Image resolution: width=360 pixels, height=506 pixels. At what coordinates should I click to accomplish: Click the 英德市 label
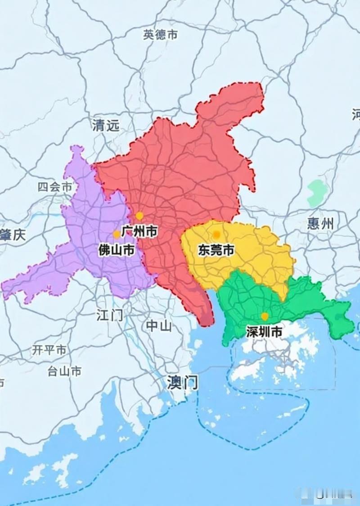click(161, 35)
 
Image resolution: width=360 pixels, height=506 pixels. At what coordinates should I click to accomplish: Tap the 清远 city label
click(106, 125)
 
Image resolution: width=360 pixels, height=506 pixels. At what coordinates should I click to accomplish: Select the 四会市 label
click(54, 187)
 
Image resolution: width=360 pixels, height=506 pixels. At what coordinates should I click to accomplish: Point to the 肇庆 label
click(13, 235)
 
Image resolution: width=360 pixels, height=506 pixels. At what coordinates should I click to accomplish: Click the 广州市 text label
click(139, 231)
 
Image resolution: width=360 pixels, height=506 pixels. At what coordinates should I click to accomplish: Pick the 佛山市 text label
click(117, 250)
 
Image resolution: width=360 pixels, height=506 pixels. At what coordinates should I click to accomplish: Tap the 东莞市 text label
click(216, 250)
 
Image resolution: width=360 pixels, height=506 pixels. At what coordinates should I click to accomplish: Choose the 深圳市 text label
click(265, 332)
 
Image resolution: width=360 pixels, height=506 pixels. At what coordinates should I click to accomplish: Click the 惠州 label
click(321, 223)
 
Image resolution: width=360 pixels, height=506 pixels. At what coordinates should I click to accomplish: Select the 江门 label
click(109, 315)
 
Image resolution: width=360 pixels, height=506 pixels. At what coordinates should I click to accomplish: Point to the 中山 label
click(159, 326)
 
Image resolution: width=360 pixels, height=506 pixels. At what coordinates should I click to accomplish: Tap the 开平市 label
click(49, 350)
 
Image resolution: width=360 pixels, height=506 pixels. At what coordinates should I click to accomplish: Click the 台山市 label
click(64, 371)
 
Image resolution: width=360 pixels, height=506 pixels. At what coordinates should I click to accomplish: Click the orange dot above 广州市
click(139, 216)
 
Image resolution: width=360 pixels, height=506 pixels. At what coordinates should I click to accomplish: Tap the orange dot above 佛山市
click(117, 234)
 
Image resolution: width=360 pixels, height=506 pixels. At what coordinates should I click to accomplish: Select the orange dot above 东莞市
click(216, 234)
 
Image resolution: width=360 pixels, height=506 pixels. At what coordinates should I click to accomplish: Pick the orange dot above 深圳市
click(265, 316)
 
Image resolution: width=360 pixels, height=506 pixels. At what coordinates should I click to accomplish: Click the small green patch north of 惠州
click(316, 192)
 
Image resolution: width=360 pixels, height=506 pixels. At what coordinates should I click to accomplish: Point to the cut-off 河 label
click(356, 114)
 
